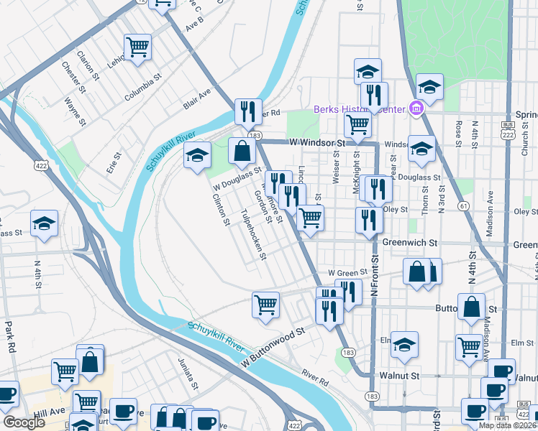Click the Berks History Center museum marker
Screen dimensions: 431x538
[416, 109]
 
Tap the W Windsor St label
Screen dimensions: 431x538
[317, 143]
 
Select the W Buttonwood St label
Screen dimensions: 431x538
[273, 350]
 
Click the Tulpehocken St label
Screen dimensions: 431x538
[253, 235]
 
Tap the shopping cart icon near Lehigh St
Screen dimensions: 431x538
[137, 47]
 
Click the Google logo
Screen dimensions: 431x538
[24, 422]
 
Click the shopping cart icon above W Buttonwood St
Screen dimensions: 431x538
[265, 304]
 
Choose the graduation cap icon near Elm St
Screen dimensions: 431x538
[404, 344]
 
